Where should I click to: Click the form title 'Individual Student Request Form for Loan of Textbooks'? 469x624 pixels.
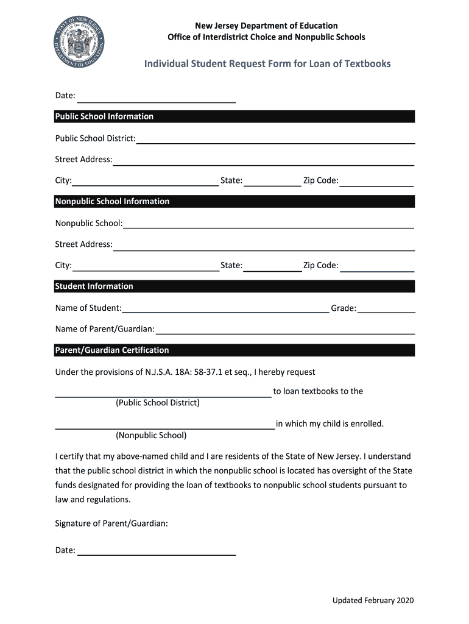(267, 64)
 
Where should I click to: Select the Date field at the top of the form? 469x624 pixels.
(156, 97)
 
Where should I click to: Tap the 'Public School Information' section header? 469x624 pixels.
(104, 116)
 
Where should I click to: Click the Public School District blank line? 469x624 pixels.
(275, 139)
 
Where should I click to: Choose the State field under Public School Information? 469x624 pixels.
(272, 181)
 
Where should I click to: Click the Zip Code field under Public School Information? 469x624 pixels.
(377, 181)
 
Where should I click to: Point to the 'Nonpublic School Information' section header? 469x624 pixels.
(112, 201)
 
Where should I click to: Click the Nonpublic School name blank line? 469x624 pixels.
(268, 224)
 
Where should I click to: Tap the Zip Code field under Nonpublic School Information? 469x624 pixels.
(377, 266)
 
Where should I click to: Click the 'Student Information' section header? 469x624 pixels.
(94, 286)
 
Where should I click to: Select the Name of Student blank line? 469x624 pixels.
(225, 308)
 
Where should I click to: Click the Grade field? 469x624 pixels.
(386, 308)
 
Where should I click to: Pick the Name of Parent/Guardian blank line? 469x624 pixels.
(284, 330)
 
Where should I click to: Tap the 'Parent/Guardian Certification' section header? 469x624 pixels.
(112, 350)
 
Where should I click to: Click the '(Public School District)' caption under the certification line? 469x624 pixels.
(157, 403)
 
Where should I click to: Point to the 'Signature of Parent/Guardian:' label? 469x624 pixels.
(111, 523)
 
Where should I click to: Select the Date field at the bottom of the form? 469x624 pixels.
(156, 550)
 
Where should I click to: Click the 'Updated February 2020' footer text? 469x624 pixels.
(373, 601)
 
